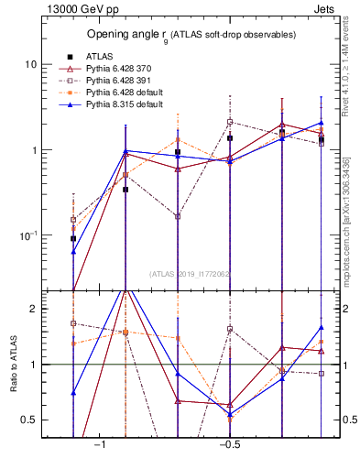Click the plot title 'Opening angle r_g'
click(x=191, y=35)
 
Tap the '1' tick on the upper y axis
click(x=35, y=150)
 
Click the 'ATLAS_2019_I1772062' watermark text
click(x=191, y=273)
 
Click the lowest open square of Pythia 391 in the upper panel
click(x=178, y=216)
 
